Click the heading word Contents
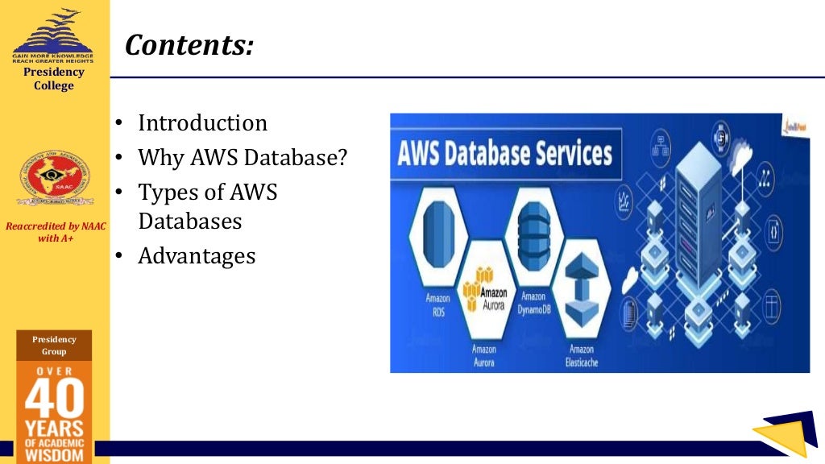189,45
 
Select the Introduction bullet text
202,123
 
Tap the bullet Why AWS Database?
243,157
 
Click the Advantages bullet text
197,256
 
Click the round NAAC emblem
55,177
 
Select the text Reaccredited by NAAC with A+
55,232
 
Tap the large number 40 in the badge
54,400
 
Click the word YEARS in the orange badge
54,427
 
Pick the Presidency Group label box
54,346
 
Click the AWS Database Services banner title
505,153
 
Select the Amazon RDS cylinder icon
438,234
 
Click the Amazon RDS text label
438,304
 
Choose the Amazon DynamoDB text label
533,301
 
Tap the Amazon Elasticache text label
581,355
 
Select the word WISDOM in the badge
54,454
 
